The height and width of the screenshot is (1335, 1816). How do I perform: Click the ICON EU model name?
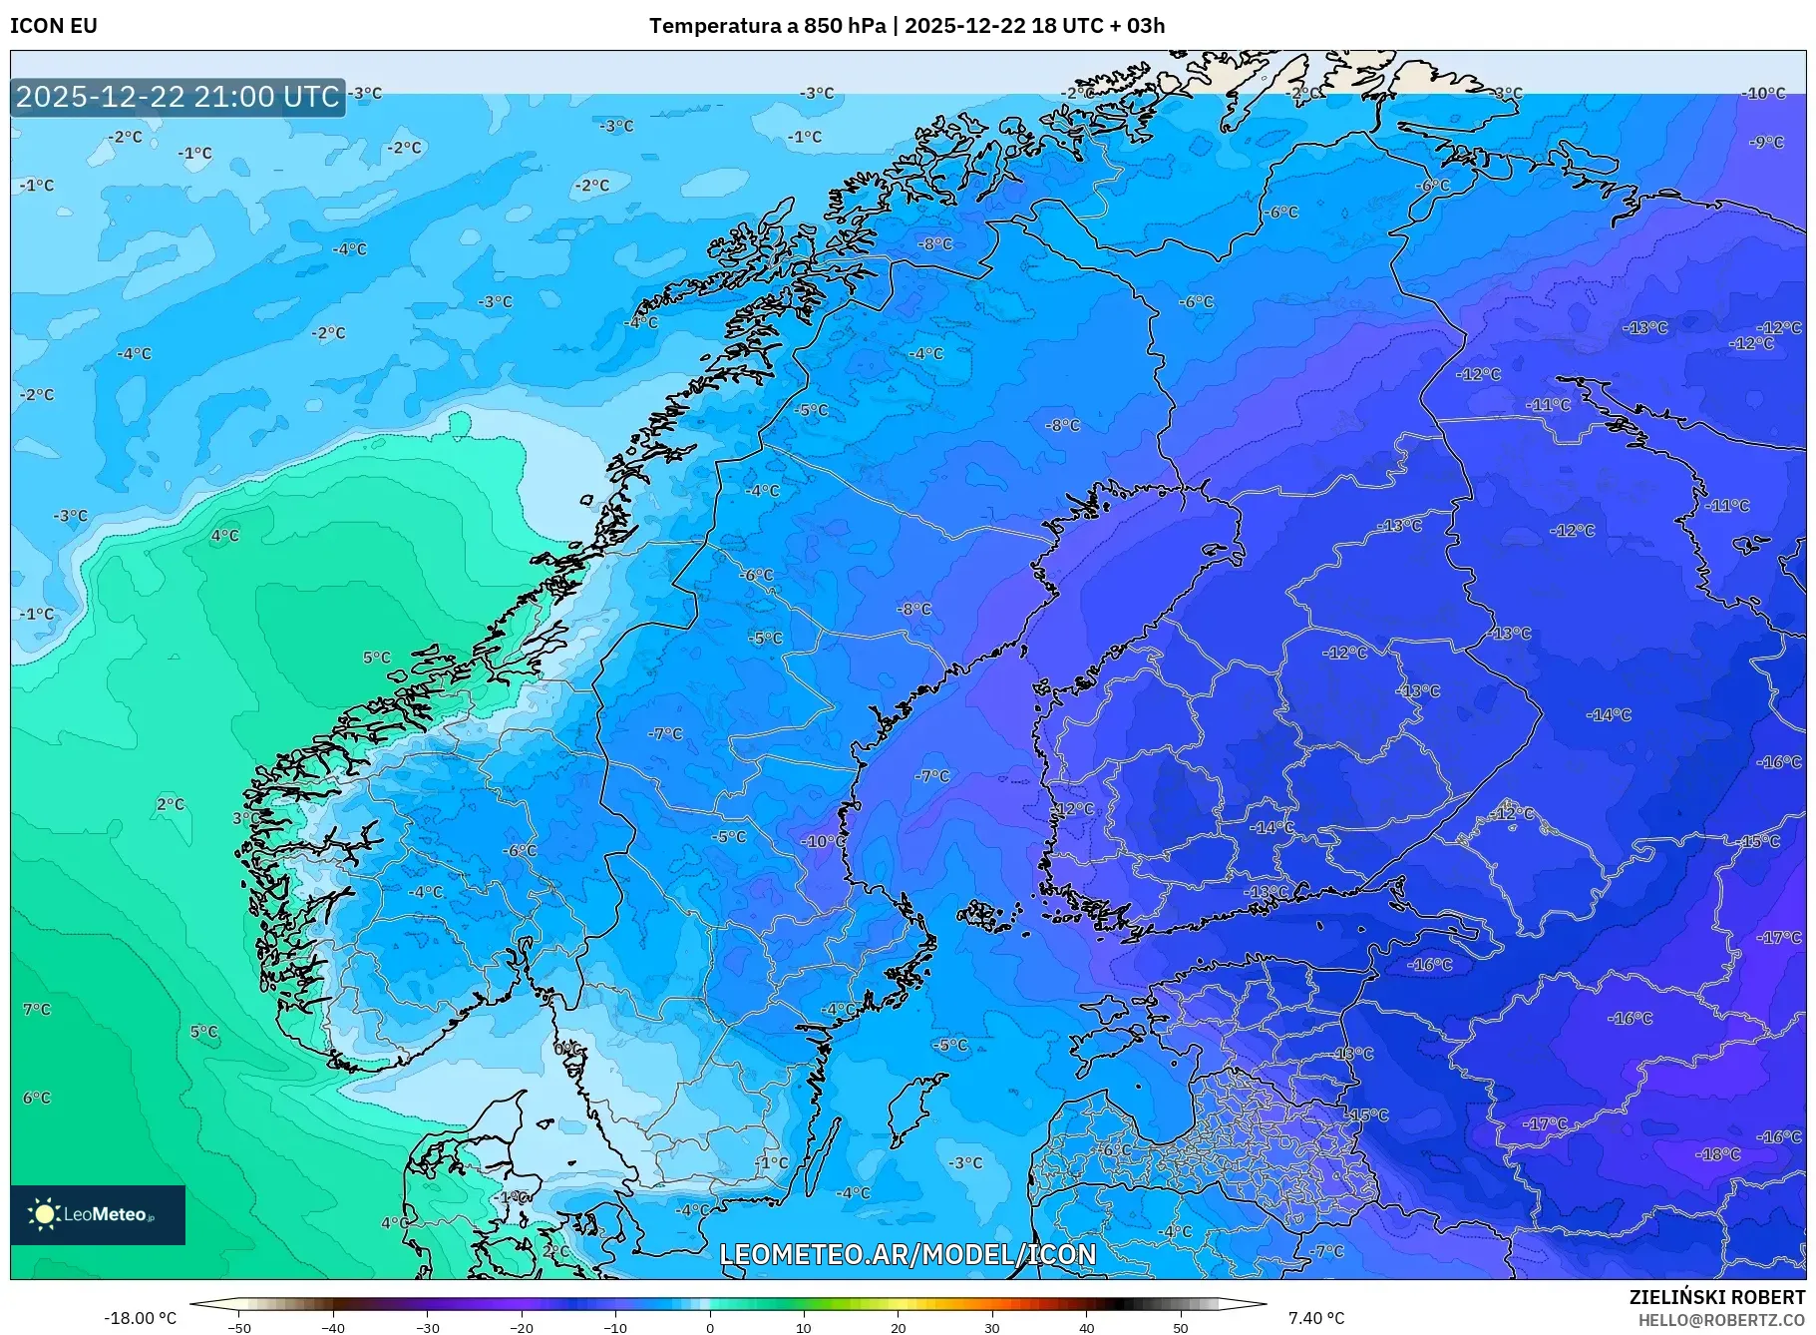54,26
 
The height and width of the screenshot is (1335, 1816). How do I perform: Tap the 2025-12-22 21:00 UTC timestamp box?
178,97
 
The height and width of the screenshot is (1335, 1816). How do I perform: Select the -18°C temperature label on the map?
1717,1154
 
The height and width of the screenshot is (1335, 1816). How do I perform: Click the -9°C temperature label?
1765,143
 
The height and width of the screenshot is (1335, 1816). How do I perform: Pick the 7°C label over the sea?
37,1010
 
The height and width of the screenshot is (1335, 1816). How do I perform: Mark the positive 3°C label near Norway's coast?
245,818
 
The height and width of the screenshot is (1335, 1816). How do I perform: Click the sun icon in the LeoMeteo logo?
44,1214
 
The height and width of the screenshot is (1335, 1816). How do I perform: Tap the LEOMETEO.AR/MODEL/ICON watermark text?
908,1254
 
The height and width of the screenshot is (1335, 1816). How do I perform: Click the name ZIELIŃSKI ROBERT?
1716,1297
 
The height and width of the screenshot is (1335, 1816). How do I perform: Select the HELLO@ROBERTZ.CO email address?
1720,1320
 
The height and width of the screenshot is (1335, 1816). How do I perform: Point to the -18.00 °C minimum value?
140,1318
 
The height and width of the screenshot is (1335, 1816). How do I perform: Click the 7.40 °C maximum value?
1315,1318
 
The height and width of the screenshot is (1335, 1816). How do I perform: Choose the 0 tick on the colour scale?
710,1328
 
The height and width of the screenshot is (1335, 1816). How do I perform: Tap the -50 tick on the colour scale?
239,1328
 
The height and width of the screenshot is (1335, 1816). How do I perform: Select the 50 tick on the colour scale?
1181,1328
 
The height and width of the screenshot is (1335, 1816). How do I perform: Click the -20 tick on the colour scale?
522,1328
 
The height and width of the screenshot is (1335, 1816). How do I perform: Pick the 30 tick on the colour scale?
992,1328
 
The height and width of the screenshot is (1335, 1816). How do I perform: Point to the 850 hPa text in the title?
845,26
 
